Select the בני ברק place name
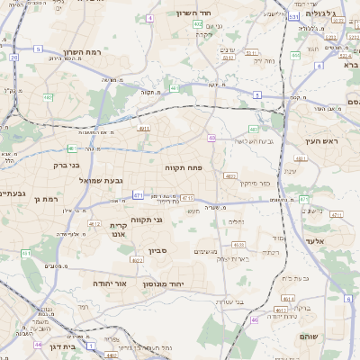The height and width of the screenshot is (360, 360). tap(61, 166)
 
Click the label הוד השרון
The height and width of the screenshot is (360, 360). tap(217, 13)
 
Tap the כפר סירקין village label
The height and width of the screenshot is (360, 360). tap(255, 184)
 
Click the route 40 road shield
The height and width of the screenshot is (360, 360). tap(211, 138)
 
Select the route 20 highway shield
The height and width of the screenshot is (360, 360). tap(13, 58)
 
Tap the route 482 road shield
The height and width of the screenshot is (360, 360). tap(47, 97)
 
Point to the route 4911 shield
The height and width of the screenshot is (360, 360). tap(144, 129)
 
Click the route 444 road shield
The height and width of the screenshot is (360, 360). tap(294, 56)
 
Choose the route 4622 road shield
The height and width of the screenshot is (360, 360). tap(136, 260)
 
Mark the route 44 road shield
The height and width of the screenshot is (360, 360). tap(38, 344)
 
